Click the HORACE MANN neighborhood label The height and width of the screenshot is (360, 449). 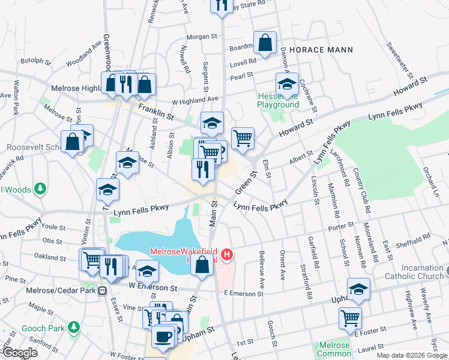pyautogui.click(x=321, y=49)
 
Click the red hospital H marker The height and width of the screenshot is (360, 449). pyautogui.click(x=227, y=255)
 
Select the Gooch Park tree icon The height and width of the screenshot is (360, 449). pyautogui.click(x=74, y=328)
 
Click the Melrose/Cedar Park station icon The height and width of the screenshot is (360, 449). pyautogui.click(x=103, y=290)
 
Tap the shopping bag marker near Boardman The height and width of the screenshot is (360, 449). pyautogui.click(x=265, y=43)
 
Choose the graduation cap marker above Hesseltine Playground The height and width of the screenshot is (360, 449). pyautogui.click(x=287, y=85)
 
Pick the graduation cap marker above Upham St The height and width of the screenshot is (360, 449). pyautogui.click(x=358, y=289)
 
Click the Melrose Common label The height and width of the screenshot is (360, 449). pyautogui.click(x=334, y=349)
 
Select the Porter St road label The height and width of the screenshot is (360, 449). pyautogui.click(x=340, y=227)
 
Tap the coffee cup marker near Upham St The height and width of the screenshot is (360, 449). pyautogui.click(x=163, y=336)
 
